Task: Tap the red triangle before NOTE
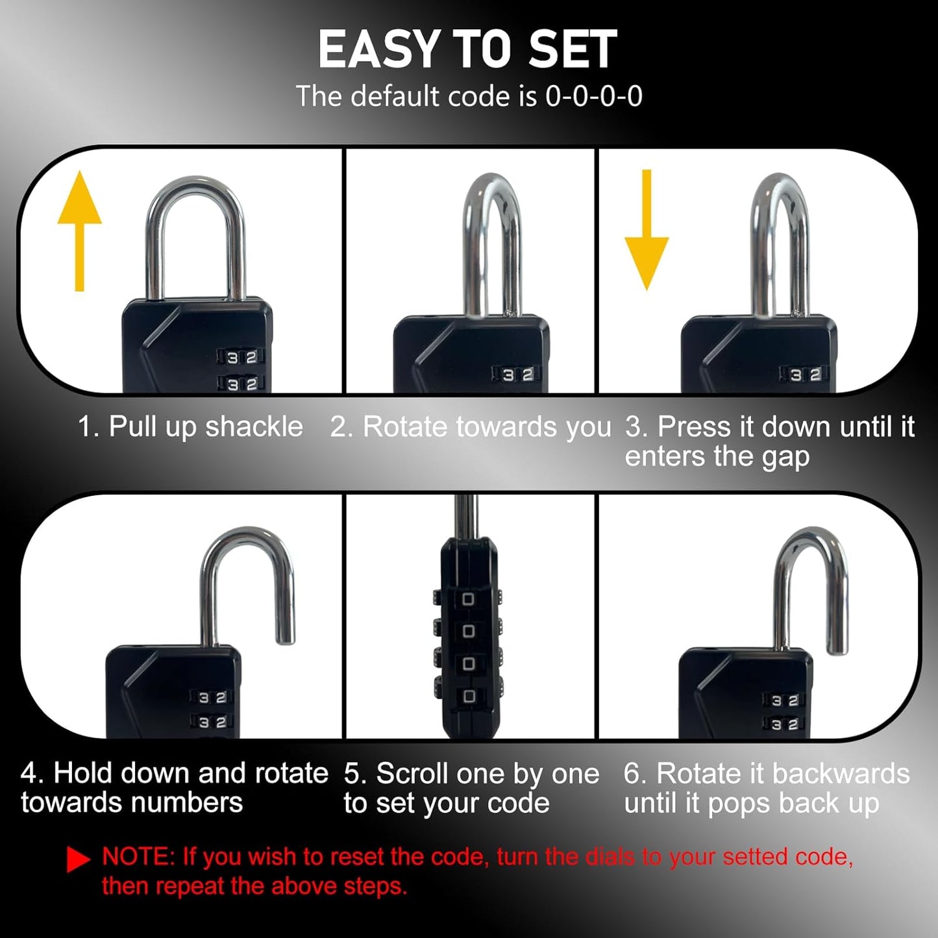click(x=78, y=859)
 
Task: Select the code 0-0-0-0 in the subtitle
click(x=593, y=97)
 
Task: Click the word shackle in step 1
click(x=254, y=427)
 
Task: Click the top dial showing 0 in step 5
click(x=468, y=599)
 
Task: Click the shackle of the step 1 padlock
click(x=195, y=195)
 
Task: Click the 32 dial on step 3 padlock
click(x=805, y=375)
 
